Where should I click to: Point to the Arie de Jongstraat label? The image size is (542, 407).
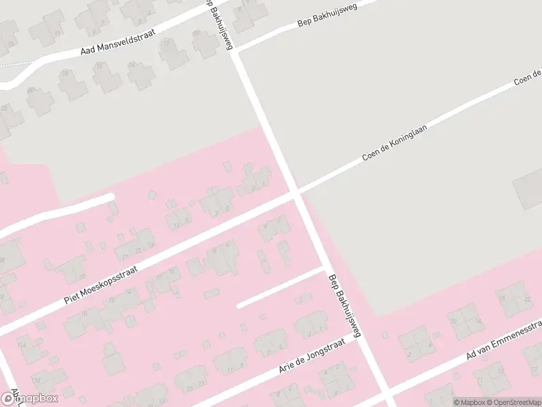coord(312,357)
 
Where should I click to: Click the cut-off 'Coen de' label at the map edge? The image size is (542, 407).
coord(528,77)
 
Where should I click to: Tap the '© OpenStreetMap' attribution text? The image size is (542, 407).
coord(516,402)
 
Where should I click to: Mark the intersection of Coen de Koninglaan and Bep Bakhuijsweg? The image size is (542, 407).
coord(296,193)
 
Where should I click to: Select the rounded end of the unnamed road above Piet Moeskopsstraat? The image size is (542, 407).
coord(110,198)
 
